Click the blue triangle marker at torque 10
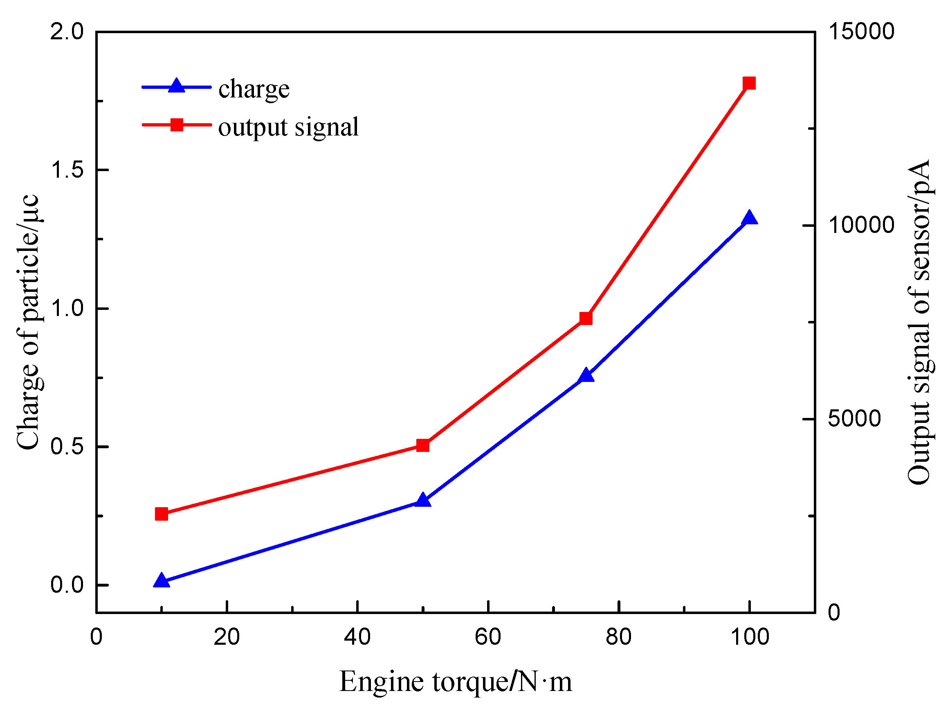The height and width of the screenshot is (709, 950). pos(162,581)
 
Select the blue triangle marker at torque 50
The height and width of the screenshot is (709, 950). pos(423,500)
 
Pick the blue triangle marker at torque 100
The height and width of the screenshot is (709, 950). pos(749,218)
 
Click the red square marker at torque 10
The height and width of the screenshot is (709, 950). pos(162,514)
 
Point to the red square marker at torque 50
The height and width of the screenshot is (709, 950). pos(423,445)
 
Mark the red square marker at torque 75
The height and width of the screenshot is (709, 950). pos(586,318)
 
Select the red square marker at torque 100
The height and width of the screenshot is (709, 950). pos(749,83)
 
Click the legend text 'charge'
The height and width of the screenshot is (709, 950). pos(254,89)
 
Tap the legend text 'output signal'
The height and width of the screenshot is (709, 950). pos(288,127)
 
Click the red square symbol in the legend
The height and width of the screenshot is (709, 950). pos(177,125)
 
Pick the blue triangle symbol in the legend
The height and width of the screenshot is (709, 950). pos(176,86)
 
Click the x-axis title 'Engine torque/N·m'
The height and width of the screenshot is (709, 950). pos(455,681)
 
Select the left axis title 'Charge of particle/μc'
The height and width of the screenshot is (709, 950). pos(28,322)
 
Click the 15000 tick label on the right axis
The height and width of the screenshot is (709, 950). pos(861,32)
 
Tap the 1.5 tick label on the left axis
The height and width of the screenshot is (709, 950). pos(67,170)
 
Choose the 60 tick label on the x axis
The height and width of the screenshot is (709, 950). pos(488,637)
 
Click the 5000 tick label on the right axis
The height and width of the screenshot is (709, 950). pos(854,419)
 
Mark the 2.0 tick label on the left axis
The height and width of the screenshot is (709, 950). pos(67,32)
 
